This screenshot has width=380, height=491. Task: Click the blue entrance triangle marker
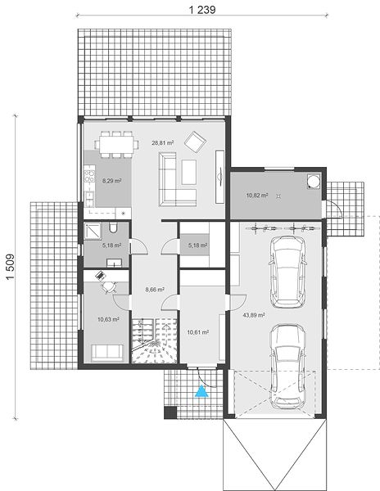point(201,391)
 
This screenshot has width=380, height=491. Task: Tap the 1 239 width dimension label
point(202,10)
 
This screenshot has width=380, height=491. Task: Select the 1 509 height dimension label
point(11,267)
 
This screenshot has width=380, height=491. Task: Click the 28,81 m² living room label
point(163,142)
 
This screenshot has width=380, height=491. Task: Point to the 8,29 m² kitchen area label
point(112,181)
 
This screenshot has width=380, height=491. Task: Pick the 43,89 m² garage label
point(254,315)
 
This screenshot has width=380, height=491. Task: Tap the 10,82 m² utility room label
point(257,196)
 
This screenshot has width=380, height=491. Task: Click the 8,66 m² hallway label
point(155,290)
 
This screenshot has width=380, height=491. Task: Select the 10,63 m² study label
point(108,319)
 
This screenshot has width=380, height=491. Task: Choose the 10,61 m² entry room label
point(198,332)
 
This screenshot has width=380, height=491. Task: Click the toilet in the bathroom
point(113,227)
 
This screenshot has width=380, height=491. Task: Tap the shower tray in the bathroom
point(93,231)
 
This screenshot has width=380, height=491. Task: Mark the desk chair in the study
point(108,287)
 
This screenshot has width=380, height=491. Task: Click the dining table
point(116,144)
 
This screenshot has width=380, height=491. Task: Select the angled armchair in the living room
point(195,142)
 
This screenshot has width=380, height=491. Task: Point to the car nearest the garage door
point(287,367)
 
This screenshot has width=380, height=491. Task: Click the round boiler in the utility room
point(314,181)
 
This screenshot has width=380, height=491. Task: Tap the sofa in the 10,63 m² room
point(106,353)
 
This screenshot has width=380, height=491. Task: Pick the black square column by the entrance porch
point(170,412)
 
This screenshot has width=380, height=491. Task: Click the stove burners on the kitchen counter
point(89,177)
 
